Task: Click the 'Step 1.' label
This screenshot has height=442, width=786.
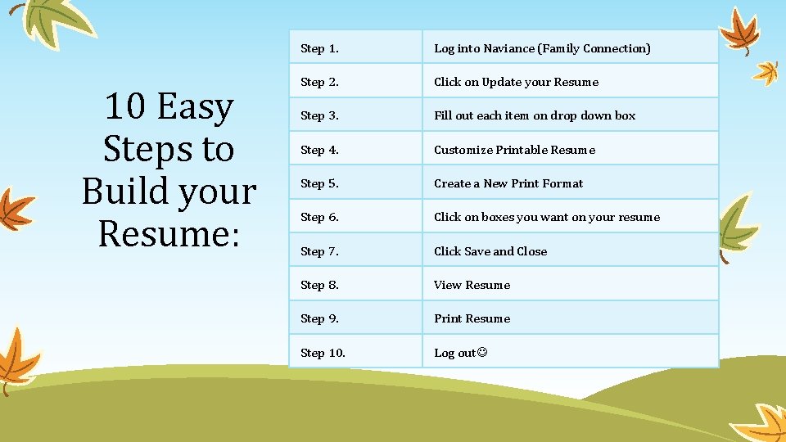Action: pyautogui.click(x=319, y=48)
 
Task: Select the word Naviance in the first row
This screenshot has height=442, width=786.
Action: pyautogui.click(x=507, y=48)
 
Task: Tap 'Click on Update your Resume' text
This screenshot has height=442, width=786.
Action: pyautogui.click(x=516, y=82)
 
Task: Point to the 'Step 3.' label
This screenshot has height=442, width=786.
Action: pyautogui.click(x=319, y=115)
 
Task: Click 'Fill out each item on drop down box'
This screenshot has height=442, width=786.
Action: pyautogui.click(x=535, y=115)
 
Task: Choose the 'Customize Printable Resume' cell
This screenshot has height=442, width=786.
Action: pyautogui.click(x=514, y=150)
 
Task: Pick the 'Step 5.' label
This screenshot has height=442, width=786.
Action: pyautogui.click(x=319, y=183)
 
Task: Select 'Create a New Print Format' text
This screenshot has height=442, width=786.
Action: pyautogui.click(x=508, y=183)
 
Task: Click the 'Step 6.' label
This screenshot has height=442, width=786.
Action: pyautogui.click(x=319, y=217)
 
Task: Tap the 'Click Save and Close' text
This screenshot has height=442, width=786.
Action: pyautogui.click(x=490, y=251)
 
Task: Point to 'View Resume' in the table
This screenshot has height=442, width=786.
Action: pyautogui.click(x=472, y=285)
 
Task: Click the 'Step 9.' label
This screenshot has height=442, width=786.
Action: pyautogui.click(x=319, y=318)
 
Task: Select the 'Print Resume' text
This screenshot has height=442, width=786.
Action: pyautogui.click(x=472, y=318)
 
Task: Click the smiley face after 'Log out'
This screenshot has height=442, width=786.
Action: pyautogui.click(x=481, y=353)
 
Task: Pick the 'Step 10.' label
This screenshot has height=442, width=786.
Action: pyautogui.click(x=323, y=353)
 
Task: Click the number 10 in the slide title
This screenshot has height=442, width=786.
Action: pyautogui.click(x=125, y=108)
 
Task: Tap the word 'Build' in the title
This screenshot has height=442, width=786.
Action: pyautogui.click(x=123, y=192)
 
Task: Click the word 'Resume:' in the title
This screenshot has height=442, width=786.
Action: pyautogui.click(x=169, y=233)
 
